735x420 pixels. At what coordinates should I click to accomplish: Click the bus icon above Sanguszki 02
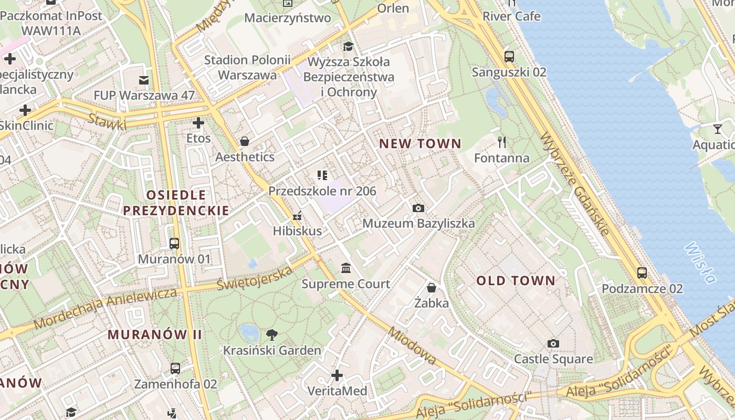tap(509, 56)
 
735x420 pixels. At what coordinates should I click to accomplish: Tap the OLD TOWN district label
tap(516, 281)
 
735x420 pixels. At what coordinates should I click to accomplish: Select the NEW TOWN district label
tap(420, 144)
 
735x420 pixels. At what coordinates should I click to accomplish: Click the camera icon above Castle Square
tap(553, 343)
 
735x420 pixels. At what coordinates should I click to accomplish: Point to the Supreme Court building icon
tap(346, 269)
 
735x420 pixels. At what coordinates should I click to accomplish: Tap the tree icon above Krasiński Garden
tap(272, 334)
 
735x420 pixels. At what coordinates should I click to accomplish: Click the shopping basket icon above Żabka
tap(431, 288)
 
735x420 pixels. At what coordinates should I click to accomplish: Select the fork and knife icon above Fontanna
tap(502, 142)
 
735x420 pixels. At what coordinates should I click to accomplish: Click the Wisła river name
tap(700, 262)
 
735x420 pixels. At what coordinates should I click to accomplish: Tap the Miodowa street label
tap(412, 345)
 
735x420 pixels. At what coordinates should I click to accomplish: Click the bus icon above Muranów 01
tap(174, 244)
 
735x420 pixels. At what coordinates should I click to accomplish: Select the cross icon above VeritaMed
tap(337, 375)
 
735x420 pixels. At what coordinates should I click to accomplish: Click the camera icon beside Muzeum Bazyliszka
tap(418, 208)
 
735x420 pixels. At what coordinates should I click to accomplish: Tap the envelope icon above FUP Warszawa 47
tap(143, 80)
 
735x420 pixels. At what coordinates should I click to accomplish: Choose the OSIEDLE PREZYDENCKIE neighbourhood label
tap(176, 203)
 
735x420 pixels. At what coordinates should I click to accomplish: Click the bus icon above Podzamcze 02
tap(642, 273)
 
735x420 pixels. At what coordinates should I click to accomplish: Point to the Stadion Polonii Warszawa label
tap(247, 67)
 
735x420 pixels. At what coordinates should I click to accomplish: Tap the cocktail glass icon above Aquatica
tap(717, 129)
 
